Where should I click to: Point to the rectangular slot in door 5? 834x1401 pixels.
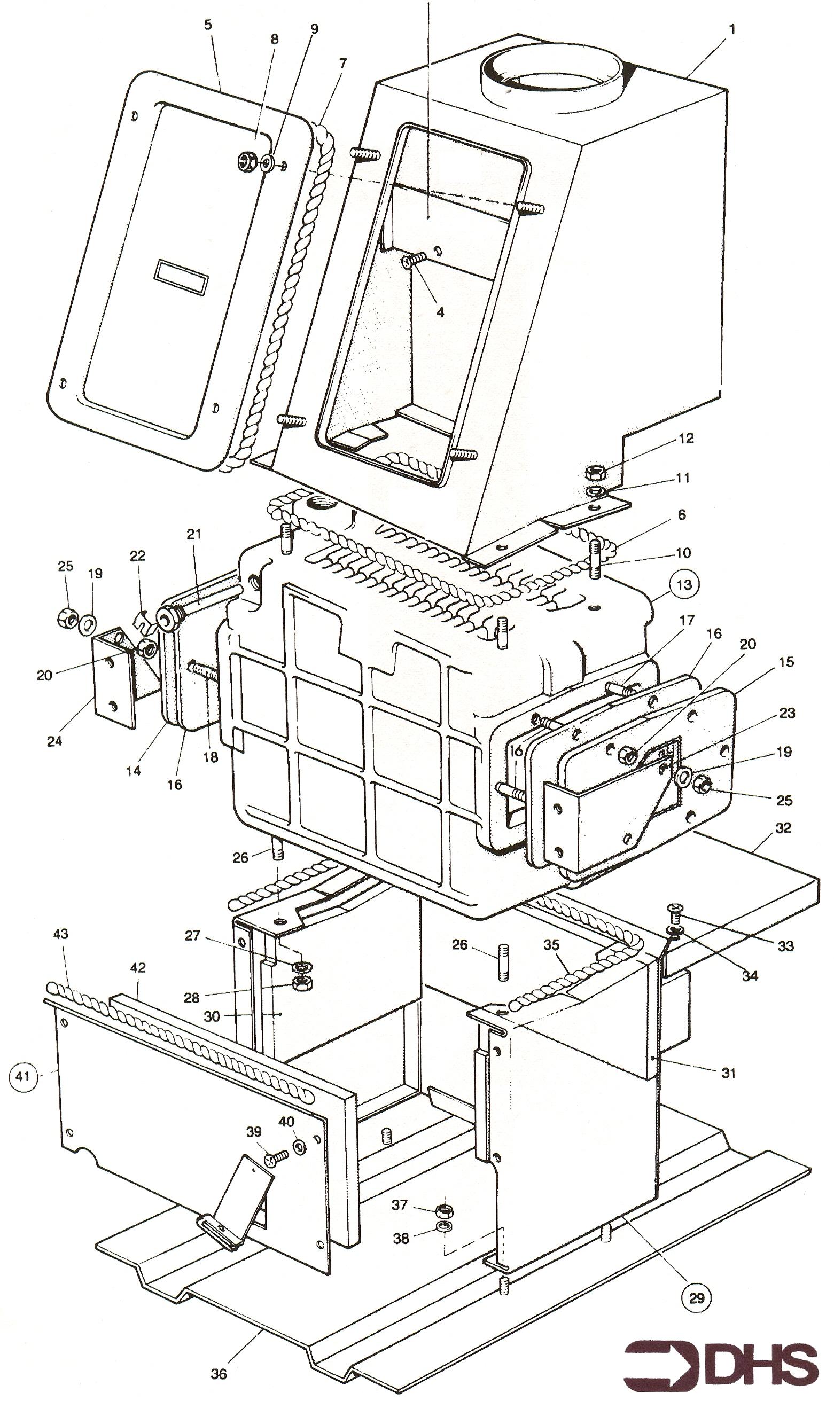point(181,277)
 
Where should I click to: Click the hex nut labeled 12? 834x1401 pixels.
point(595,472)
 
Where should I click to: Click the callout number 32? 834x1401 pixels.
point(783,827)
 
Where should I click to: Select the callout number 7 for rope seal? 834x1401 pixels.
point(342,63)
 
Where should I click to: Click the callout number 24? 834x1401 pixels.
point(54,741)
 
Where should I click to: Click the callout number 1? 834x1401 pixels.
point(732,29)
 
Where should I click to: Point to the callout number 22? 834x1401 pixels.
point(137,555)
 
